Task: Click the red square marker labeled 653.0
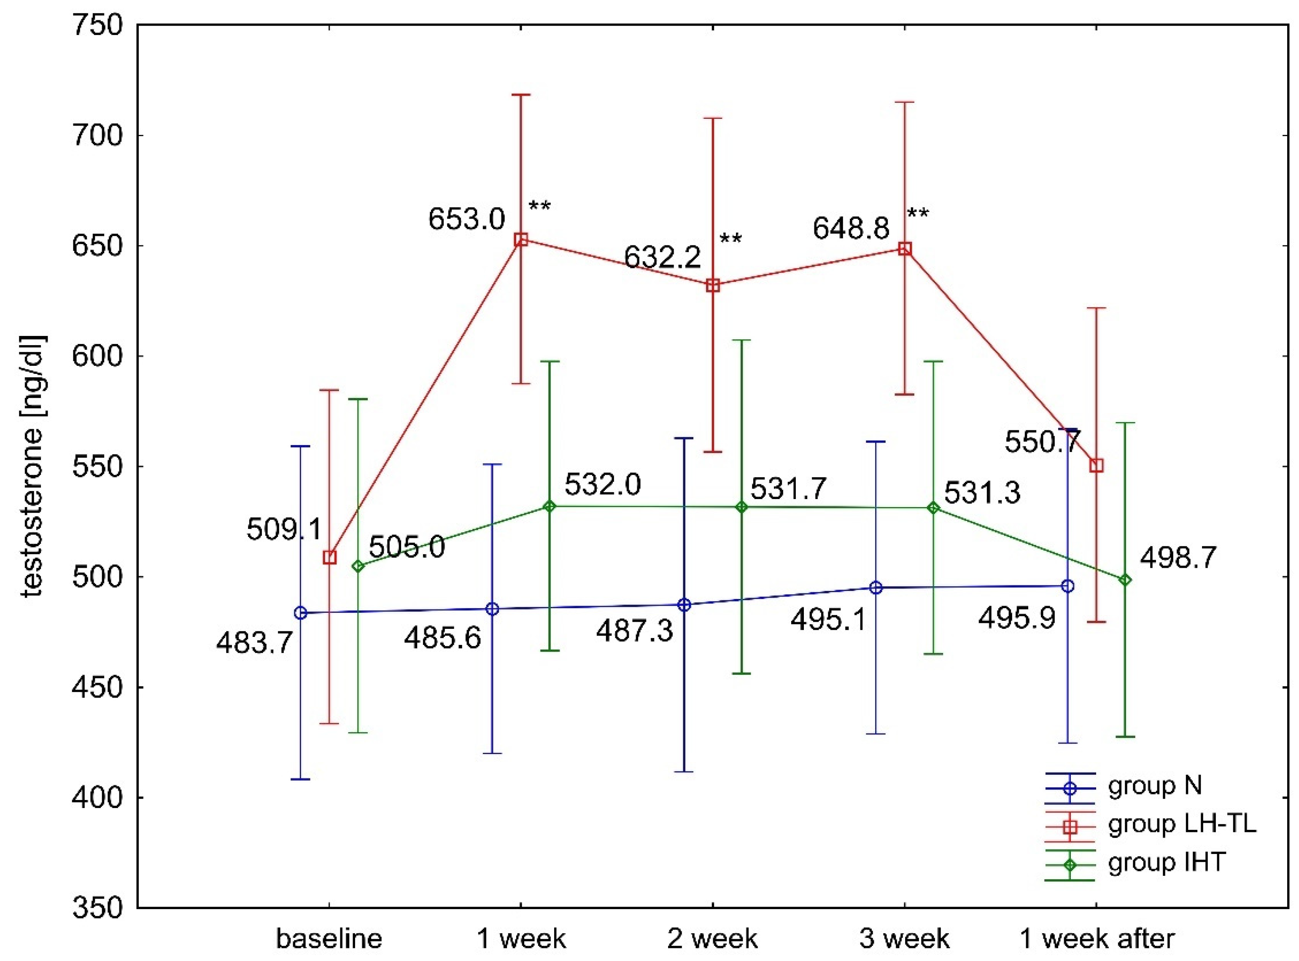pyautogui.click(x=521, y=240)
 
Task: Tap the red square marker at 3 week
pyautogui.click(x=904, y=249)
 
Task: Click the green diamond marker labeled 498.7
pyautogui.click(x=1125, y=580)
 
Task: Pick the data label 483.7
pyautogui.click(x=254, y=643)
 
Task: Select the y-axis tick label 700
pyautogui.click(x=98, y=136)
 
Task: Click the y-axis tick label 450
pyautogui.click(x=98, y=687)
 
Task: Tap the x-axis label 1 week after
pyautogui.click(x=1097, y=938)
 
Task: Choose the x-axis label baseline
pyautogui.click(x=329, y=938)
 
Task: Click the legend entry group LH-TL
pyautogui.click(x=1181, y=824)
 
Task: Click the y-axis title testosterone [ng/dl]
pyautogui.click(x=33, y=465)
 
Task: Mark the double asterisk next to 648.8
pyautogui.click(x=919, y=214)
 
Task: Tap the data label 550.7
pyautogui.click(x=1042, y=443)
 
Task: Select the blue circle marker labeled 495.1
pyautogui.click(x=876, y=588)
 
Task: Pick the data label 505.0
pyautogui.click(x=407, y=548)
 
